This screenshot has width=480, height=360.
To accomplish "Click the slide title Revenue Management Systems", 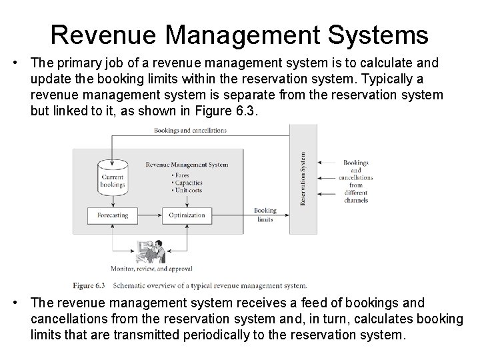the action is [240, 33].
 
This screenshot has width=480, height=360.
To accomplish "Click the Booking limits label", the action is [265, 215].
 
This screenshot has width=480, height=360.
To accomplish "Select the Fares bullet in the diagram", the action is [181, 175].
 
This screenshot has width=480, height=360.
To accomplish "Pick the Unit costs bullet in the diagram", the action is [187, 191].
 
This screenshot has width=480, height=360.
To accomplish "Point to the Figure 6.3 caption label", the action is [90, 285].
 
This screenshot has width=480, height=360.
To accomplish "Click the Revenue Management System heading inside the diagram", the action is [187, 164].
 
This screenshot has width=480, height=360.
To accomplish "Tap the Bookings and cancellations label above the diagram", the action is [190, 130].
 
